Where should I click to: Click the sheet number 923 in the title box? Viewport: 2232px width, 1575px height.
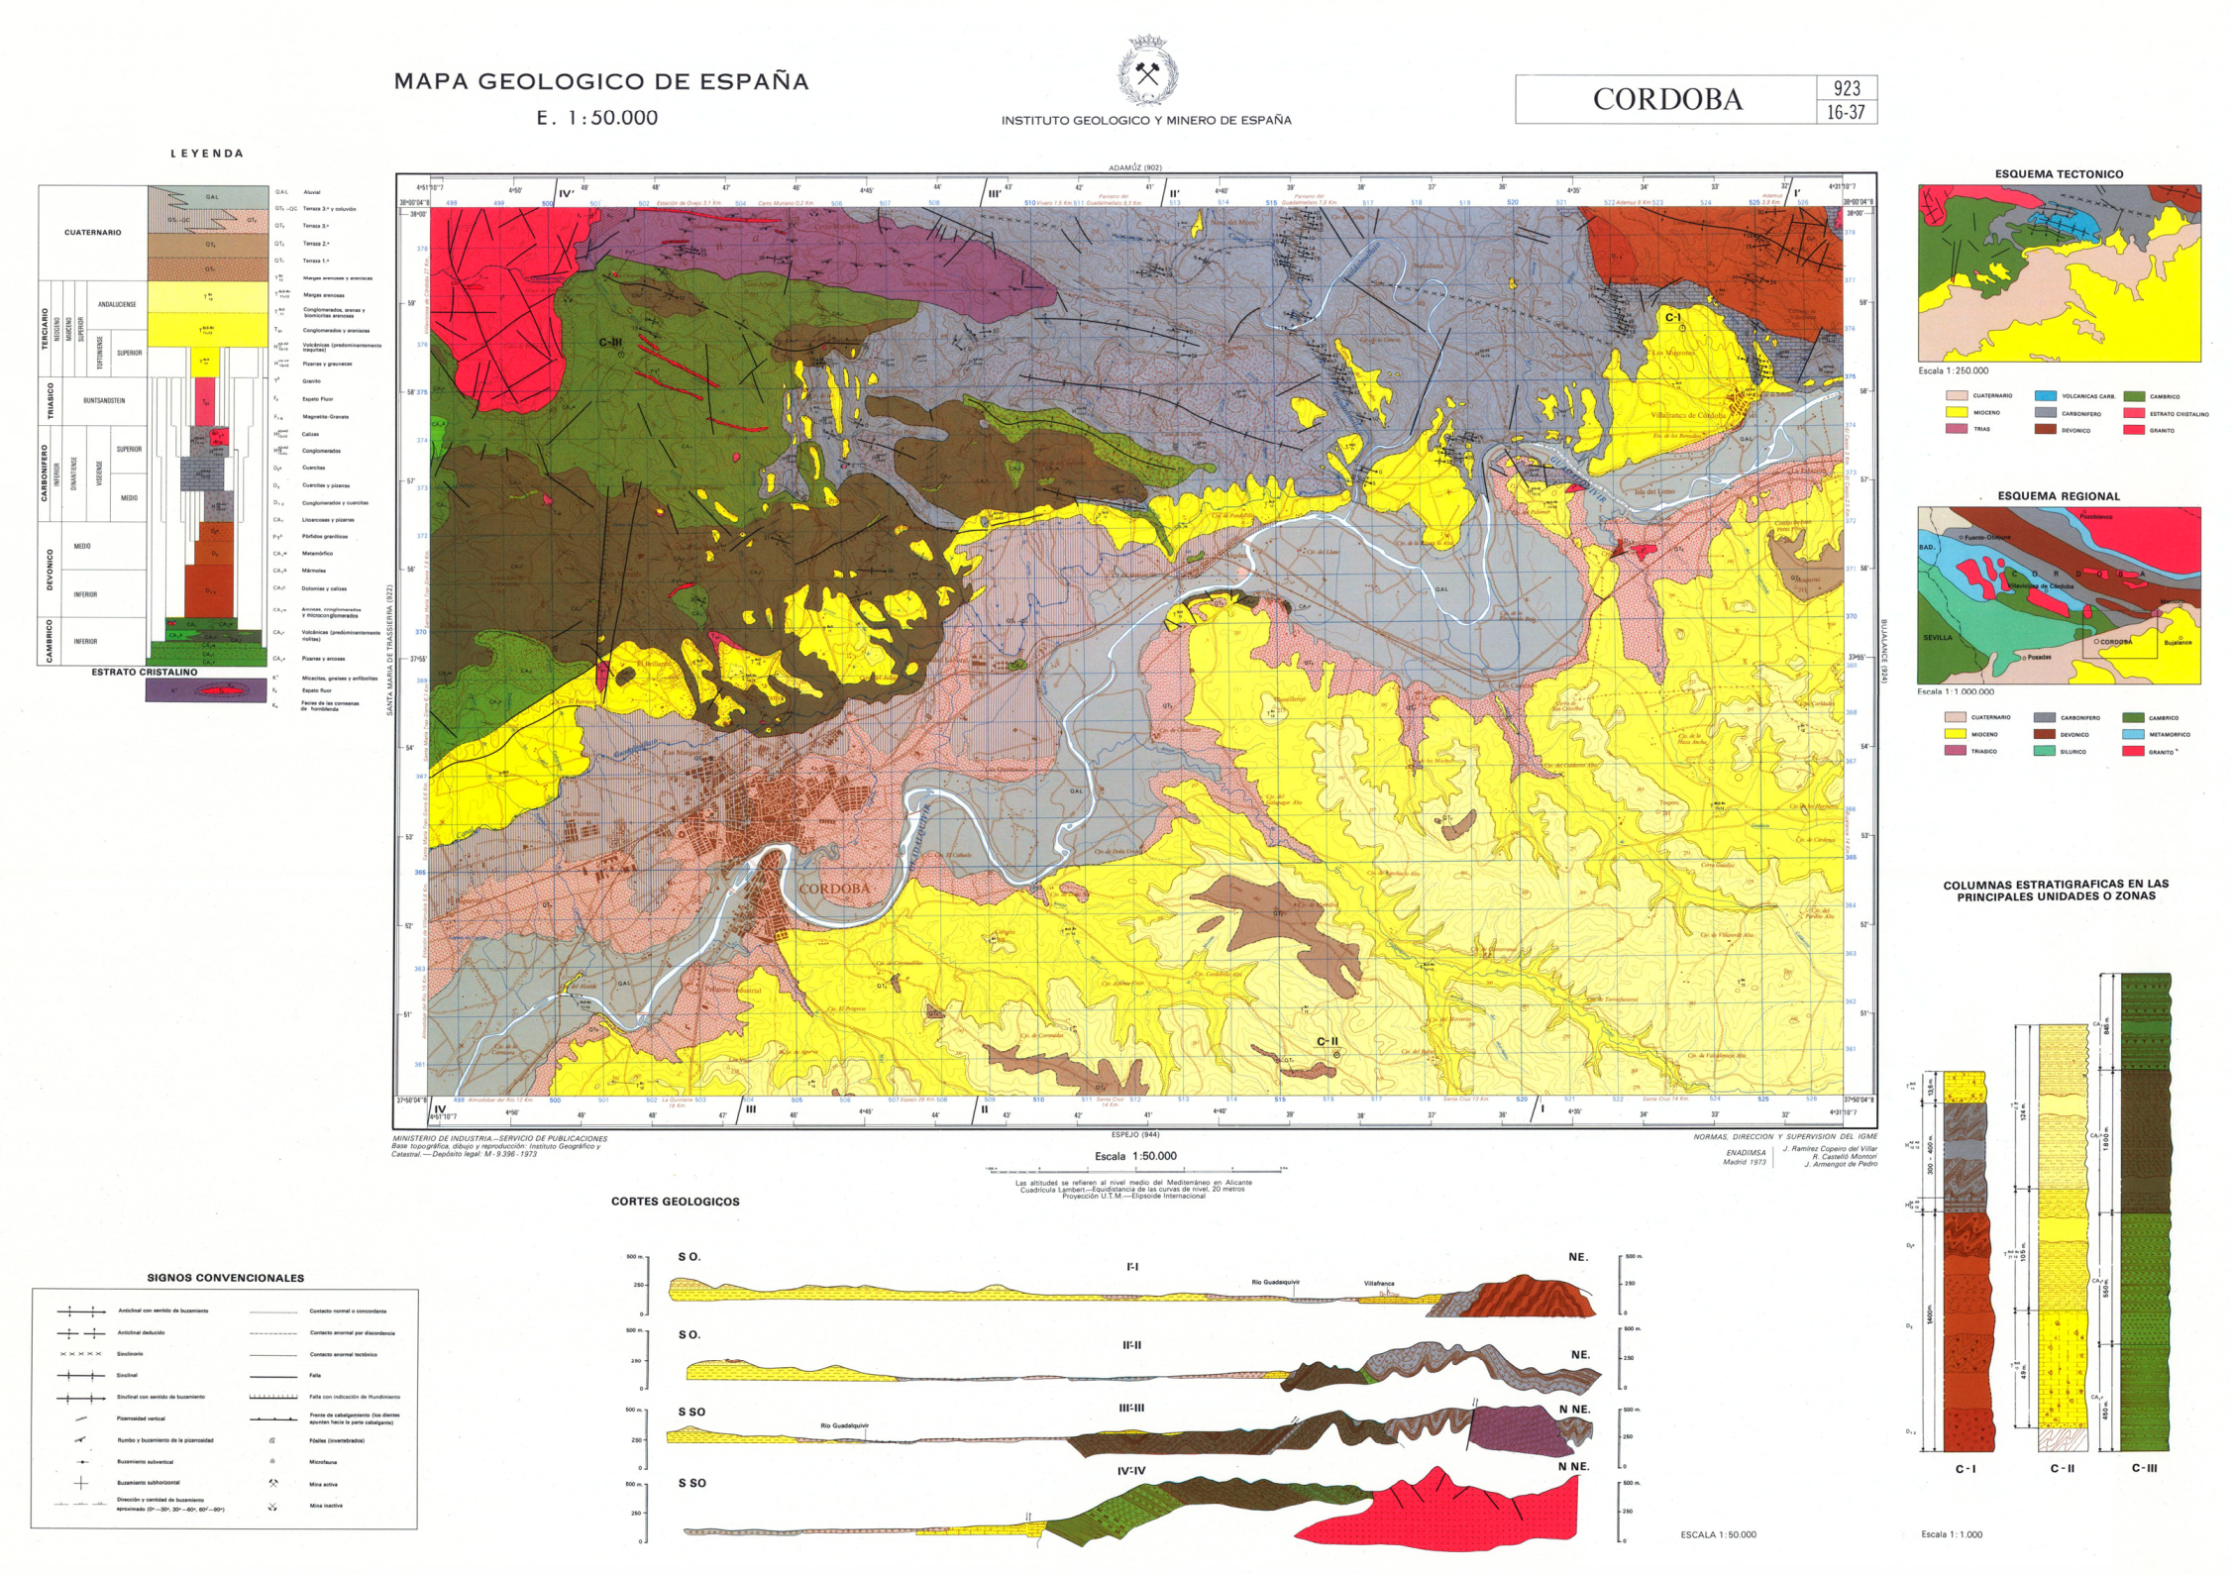tap(1846, 88)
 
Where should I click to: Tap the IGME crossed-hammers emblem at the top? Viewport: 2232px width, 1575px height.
tap(1147, 72)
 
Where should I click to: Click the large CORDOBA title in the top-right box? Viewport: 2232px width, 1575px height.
tap(1666, 100)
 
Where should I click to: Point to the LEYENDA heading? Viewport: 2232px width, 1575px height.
tap(206, 154)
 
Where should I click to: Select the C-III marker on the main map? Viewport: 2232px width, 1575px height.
tap(610, 343)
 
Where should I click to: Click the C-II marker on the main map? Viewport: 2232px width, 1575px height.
tap(1328, 1042)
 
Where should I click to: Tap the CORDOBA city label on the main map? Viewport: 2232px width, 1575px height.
tap(834, 889)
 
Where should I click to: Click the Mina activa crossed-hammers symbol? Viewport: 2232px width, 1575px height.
tap(272, 1484)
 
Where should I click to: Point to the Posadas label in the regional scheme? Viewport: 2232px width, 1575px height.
tap(2038, 657)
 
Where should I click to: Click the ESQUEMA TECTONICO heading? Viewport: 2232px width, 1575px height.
tap(2059, 174)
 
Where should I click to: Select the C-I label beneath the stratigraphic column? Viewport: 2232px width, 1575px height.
tap(1965, 1469)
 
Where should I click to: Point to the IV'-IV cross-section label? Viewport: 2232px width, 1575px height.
tap(1130, 1471)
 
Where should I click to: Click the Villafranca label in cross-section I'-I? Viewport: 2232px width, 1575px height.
tap(1378, 1284)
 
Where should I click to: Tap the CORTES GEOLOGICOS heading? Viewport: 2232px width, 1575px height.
tap(675, 1202)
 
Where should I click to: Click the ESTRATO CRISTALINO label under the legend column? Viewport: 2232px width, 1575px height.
tap(145, 672)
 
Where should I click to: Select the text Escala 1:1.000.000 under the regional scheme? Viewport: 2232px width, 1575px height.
tap(1955, 691)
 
